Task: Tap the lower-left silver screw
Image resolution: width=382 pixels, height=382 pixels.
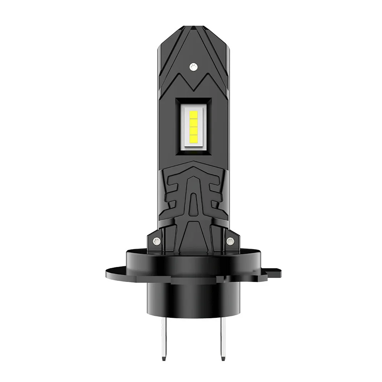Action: click(x=155, y=240)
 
